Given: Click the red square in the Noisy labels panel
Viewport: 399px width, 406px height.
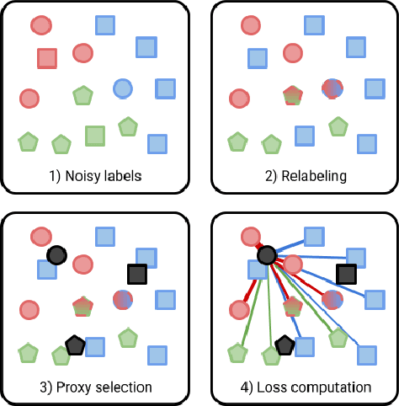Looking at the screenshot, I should [47, 58].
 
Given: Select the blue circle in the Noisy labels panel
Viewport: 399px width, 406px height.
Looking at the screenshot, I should [123, 87].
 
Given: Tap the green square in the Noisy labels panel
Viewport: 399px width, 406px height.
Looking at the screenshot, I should [95, 135].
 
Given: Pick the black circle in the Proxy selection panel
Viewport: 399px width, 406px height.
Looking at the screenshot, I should [56, 255].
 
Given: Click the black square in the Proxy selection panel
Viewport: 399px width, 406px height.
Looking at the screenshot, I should [136, 274].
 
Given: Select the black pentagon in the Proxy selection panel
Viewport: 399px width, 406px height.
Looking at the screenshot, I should [75, 345].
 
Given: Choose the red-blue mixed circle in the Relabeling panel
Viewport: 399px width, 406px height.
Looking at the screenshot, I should [332, 87].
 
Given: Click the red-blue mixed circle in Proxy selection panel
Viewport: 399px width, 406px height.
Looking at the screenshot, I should [123, 298].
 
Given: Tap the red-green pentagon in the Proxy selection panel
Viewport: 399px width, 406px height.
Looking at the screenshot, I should [82, 304].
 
